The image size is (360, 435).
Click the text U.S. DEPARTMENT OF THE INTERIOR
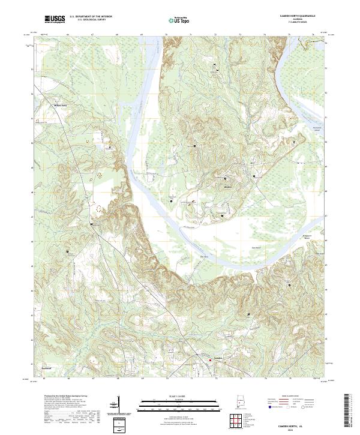91,17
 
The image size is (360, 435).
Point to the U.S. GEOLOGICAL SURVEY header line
91,20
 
